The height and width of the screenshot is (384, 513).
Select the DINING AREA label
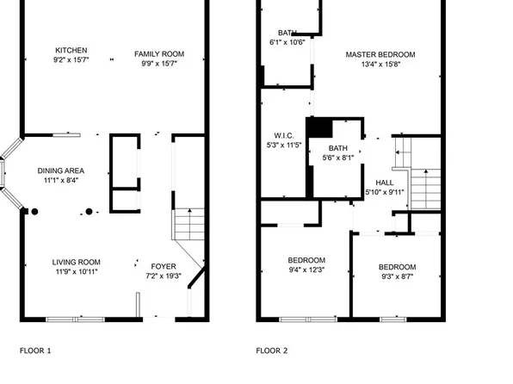(x=60, y=170)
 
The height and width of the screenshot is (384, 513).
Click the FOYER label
(x=164, y=266)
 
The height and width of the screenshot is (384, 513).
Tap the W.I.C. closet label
(x=285, y=135)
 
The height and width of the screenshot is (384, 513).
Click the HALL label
(x=384, y=183)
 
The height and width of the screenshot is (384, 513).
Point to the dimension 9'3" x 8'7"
(x=397, y=277)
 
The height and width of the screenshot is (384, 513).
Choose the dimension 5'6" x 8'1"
(x=337, y=158)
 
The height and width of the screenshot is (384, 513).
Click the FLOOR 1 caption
(x=35, y=350)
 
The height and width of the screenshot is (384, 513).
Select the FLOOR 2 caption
(x=272, y=350)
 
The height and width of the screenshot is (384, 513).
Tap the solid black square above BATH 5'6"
(x=319, y=127)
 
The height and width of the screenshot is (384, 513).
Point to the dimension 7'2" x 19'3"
(x=164, y=276)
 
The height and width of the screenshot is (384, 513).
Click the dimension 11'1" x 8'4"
(x=60, y=180)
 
